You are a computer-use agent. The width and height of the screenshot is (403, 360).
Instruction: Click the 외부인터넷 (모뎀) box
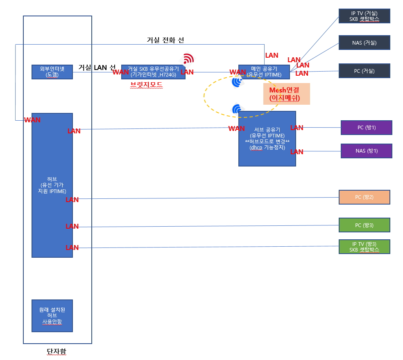point(52,72)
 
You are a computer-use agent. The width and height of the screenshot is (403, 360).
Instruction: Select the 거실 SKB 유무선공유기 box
point(153,72)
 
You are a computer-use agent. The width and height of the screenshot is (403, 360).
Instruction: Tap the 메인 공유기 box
point(264,72)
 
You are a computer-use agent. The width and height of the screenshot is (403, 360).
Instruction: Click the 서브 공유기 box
point(267,139)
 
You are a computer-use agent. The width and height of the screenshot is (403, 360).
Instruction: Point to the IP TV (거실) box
point(365,16)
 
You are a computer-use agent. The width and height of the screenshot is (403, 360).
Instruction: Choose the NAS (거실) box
point(365,43)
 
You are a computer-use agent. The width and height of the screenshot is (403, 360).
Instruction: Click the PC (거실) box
point(365,71)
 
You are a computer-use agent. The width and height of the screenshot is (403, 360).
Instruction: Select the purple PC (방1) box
point(367,128)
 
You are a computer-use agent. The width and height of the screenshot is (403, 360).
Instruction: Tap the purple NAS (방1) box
point(367,151)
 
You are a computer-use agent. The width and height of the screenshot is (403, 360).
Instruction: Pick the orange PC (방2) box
point(365,197)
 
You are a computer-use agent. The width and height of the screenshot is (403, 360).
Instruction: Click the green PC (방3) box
point(365,225)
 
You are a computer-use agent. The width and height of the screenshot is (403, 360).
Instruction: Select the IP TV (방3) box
point(365,247)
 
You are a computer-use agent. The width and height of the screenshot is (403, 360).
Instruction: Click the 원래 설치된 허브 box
point(52,316)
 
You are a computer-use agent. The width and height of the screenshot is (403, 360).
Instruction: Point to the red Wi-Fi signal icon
point(188,59)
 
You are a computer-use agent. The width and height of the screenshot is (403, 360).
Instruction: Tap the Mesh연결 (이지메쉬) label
point(287,94)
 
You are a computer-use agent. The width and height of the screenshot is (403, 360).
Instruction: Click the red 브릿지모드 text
point(147,85)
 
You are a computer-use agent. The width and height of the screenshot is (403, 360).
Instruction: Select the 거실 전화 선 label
point(165,40)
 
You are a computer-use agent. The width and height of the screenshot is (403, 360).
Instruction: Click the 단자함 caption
point(57,351)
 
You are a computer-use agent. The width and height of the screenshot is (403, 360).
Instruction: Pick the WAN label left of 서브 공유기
point(236,128)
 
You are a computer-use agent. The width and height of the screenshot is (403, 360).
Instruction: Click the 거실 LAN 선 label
point(97,67)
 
